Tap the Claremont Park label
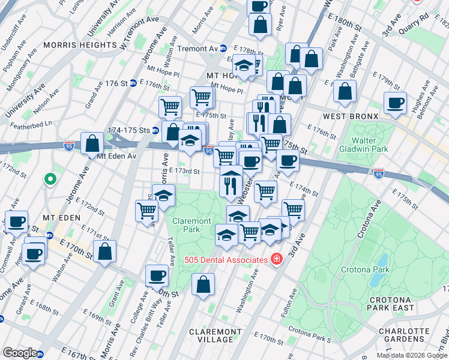coord(191,225)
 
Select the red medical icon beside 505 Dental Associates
coord(277,260)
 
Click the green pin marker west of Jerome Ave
coord(50,179)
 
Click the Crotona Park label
coord(365,269)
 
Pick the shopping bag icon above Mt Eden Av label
coord(92,144)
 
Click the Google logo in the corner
coord(20,352)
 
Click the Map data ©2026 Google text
coord(412,355)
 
